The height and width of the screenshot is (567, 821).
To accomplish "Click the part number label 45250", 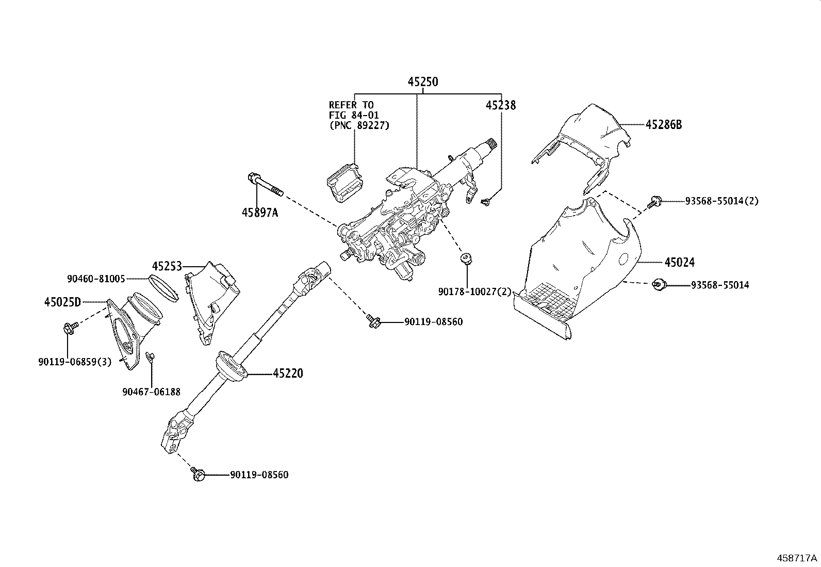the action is pos(423,82).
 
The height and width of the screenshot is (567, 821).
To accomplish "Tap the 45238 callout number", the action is pos(501,105).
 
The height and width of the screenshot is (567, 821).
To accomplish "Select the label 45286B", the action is pos(664,125).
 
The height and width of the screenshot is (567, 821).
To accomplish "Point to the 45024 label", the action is pos(680,262).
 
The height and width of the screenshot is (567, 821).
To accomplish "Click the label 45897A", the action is pos(260,213).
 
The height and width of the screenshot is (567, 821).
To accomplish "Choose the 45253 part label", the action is pos(167,266).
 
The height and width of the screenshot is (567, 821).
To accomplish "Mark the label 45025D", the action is pos(63,302).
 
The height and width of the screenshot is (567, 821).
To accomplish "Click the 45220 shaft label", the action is pos(288,374).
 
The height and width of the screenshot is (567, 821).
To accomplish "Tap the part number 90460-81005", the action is pos(96,279).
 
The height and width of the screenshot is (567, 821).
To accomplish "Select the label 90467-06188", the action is pos(152,392).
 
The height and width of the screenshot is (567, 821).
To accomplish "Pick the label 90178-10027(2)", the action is pos(474,291).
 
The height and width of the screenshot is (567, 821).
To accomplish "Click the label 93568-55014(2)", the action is pos(721,201).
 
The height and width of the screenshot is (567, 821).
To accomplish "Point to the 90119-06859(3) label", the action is pos(75,362).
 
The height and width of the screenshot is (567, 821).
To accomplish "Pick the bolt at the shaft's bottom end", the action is pos(198,474).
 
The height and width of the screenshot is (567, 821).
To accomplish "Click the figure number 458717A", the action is pos(797,558).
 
